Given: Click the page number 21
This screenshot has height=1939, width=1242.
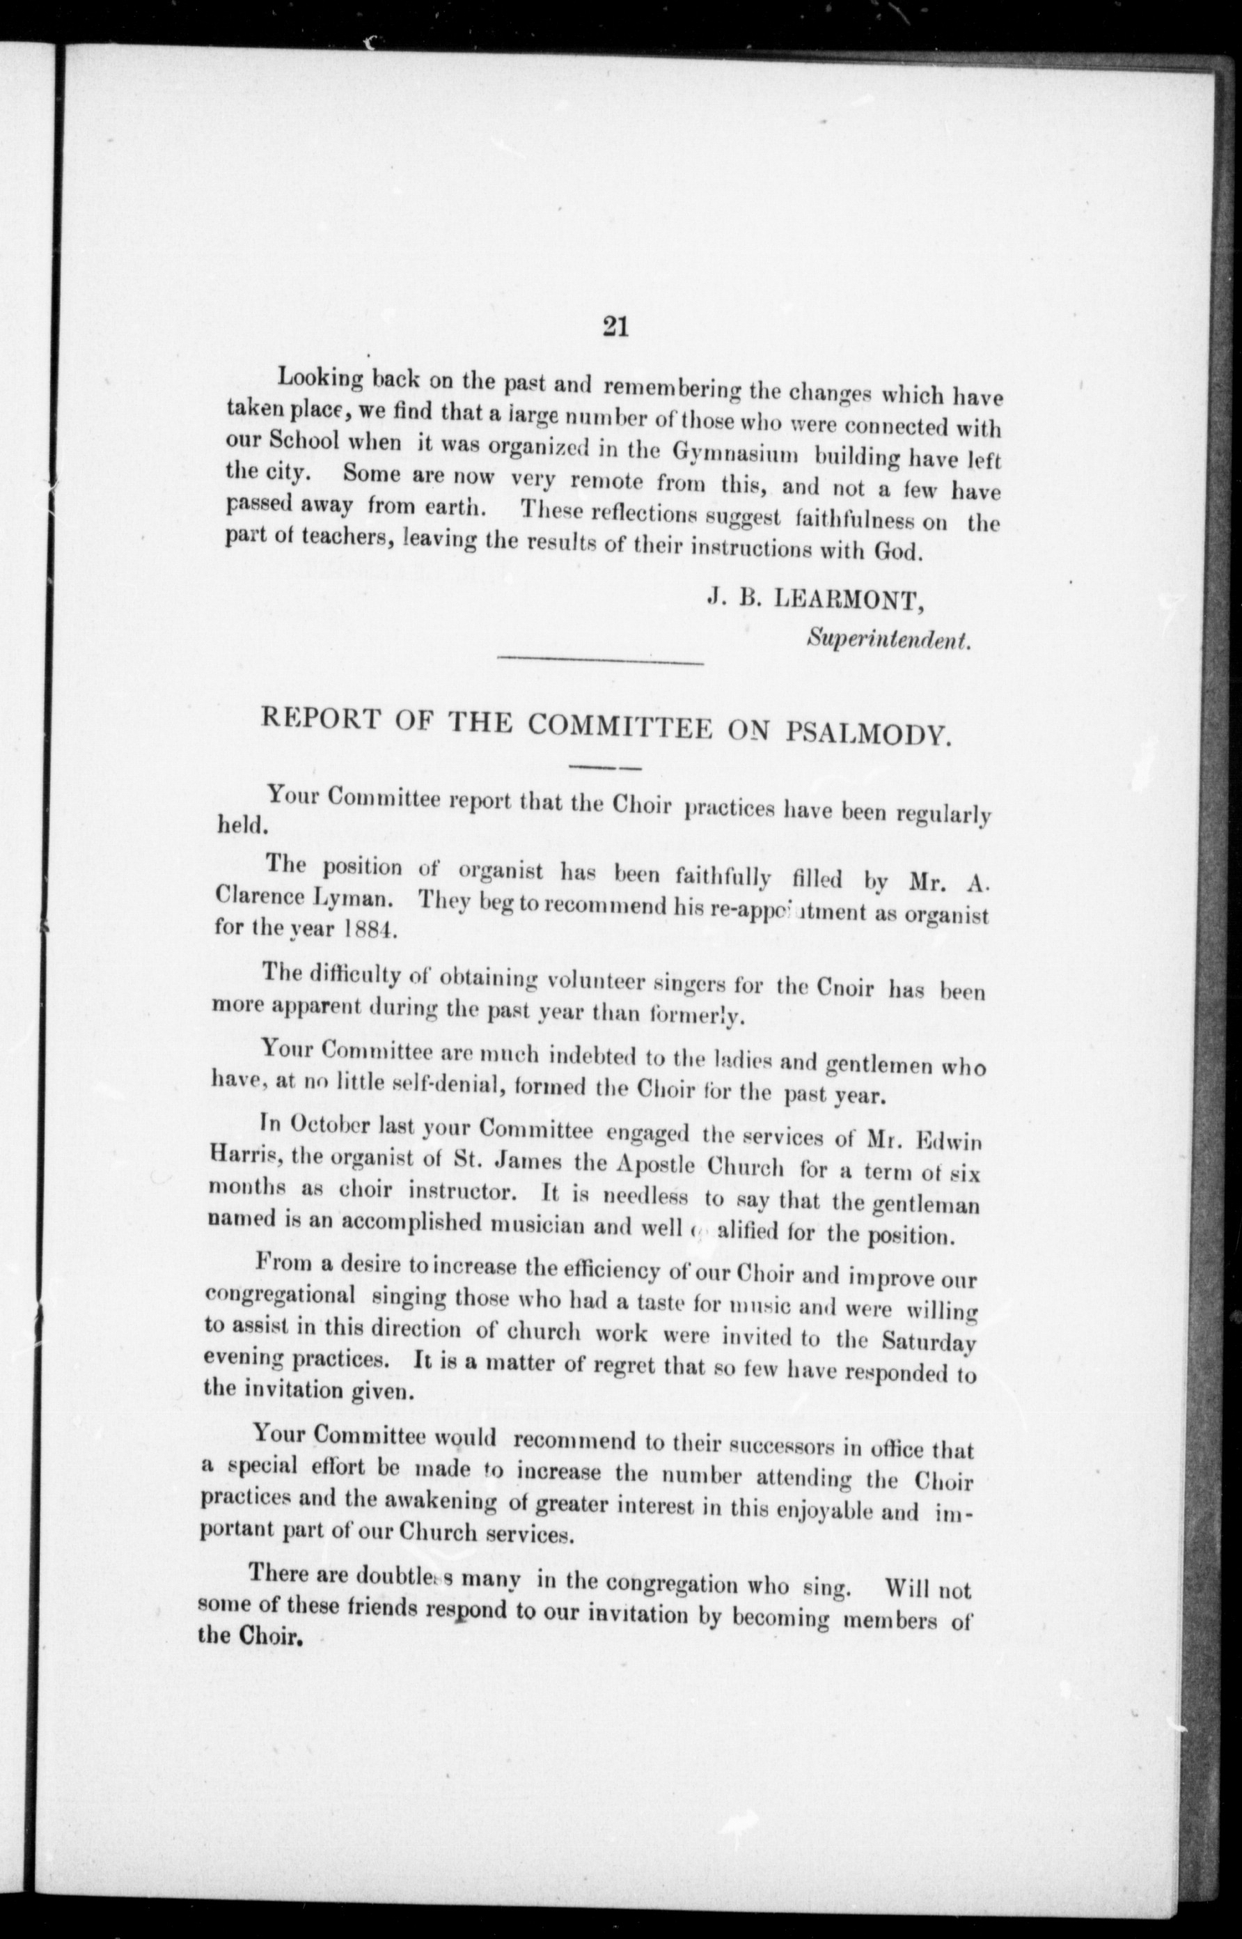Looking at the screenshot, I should tap(615, 327).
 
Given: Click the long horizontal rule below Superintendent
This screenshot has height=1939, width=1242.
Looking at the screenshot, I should tap(601, 662).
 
